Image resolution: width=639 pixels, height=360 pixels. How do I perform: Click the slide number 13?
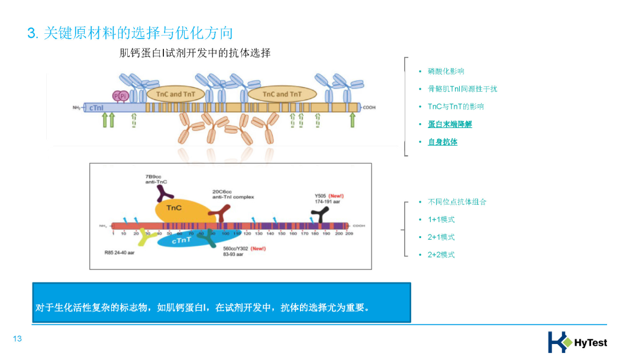[17, 339]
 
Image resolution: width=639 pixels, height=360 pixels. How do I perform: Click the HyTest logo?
[577, 342]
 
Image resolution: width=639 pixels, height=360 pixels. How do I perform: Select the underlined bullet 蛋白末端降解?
[450, 124]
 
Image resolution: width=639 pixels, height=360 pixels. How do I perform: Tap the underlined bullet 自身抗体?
[443, 142]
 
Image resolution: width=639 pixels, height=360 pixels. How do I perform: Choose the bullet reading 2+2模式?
[441, 255]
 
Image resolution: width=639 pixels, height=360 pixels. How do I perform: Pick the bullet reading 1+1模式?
[441, 220]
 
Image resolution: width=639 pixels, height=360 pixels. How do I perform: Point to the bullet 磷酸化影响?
[446, 72]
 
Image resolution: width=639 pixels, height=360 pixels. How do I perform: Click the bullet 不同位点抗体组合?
[457, 202]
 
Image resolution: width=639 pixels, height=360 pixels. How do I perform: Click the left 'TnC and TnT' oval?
[175, 94]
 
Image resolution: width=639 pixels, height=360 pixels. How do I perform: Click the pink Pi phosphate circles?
[120, 96]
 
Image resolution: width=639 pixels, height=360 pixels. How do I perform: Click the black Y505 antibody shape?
[320, 216]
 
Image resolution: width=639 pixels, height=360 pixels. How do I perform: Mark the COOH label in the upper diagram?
[369, 108]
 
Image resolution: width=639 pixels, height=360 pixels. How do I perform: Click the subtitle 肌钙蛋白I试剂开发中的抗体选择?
[195, 53]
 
